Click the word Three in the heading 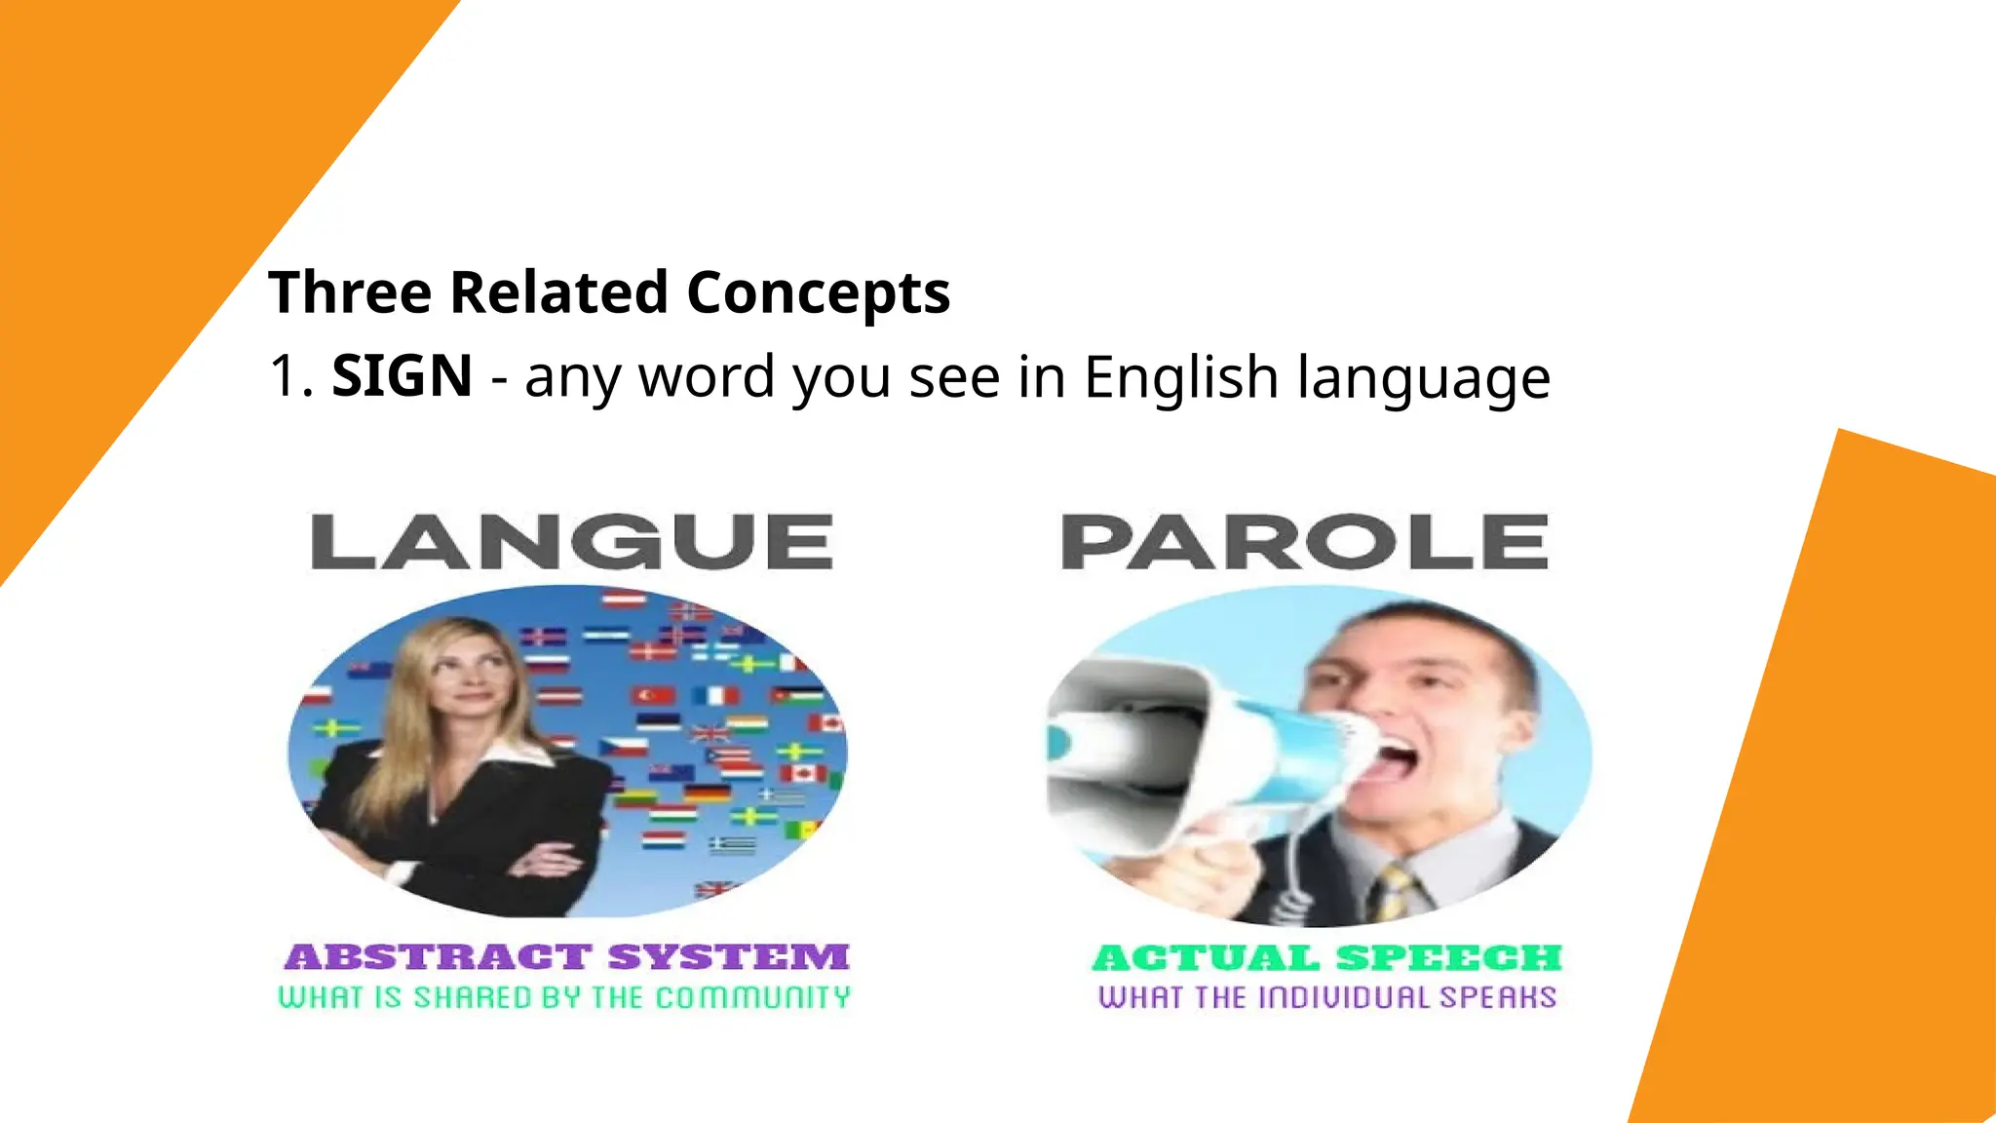click(349, 292)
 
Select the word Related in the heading click(558, 292)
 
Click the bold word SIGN click(402, 376)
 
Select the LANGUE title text click(572, 542)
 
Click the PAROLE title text click(1304, 542)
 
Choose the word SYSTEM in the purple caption click(728, 957)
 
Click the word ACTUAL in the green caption click(1205, 958)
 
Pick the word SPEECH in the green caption click(1448, 958)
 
